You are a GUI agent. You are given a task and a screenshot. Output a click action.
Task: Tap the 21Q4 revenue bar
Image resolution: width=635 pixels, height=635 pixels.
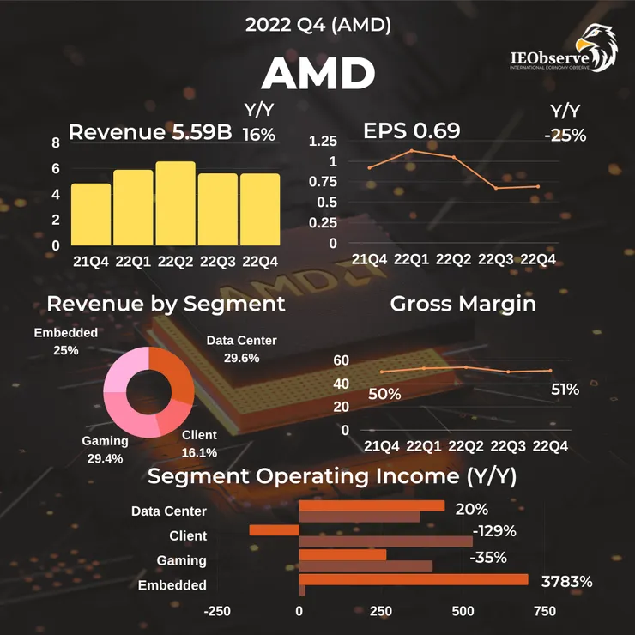91,215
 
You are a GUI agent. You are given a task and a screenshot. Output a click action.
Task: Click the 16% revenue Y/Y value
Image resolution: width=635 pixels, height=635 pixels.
258,135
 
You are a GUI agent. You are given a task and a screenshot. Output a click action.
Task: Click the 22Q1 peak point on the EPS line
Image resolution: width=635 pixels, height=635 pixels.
411,150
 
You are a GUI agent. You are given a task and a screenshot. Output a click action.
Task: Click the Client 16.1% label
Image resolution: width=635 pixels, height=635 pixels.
200,444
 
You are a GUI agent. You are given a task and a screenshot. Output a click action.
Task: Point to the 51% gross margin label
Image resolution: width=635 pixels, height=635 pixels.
565,390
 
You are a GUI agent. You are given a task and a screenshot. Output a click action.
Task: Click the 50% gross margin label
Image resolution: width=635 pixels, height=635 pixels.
384,394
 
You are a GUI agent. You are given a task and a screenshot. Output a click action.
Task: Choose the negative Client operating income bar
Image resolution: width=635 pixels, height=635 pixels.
274,529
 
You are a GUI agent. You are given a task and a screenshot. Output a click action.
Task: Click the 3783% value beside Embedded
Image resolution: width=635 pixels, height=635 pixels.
567,582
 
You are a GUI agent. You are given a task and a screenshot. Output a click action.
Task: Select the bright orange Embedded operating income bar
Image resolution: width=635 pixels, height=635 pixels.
413,580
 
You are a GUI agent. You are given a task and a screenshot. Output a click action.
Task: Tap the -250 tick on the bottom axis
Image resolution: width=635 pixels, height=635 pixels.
218,611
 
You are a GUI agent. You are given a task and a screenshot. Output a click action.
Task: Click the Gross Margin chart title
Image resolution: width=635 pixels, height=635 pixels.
463,304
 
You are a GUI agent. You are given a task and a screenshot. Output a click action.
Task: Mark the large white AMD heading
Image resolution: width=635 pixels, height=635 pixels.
317,76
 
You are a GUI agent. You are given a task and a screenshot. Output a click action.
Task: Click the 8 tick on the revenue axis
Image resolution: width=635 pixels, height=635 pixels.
56,143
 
